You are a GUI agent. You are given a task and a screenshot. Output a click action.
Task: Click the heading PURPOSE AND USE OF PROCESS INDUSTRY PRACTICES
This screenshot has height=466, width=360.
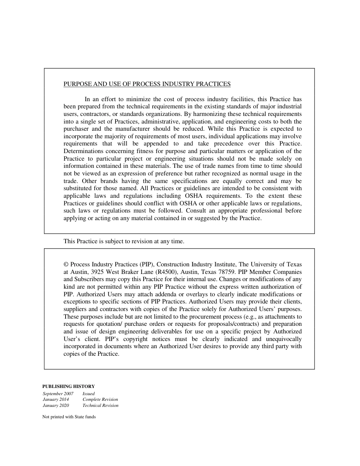(x=147, y=84)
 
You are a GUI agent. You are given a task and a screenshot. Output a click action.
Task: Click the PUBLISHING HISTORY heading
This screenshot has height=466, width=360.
(x=69, y=386)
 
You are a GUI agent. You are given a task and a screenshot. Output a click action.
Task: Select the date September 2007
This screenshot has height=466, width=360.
(x=58, y=394)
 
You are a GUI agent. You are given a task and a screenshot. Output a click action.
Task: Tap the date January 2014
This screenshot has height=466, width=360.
(x=56, y=399)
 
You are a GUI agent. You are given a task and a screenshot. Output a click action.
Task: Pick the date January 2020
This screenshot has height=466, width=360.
(x=56, y=405)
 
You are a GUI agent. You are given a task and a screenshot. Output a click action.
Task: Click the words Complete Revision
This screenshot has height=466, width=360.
(x=100, y=399)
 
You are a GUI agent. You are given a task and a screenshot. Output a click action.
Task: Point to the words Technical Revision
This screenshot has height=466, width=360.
(x=100, y=405)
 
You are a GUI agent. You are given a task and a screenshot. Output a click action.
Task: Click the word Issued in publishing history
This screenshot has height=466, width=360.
(x=89, y=394)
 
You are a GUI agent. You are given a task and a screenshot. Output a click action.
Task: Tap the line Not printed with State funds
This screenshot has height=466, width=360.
(x=69, y=417)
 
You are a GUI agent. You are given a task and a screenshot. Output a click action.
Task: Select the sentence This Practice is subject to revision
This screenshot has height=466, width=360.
(x=124, y=241)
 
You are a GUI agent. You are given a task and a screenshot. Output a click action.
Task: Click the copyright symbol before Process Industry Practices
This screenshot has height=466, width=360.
(x=66, y=264)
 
